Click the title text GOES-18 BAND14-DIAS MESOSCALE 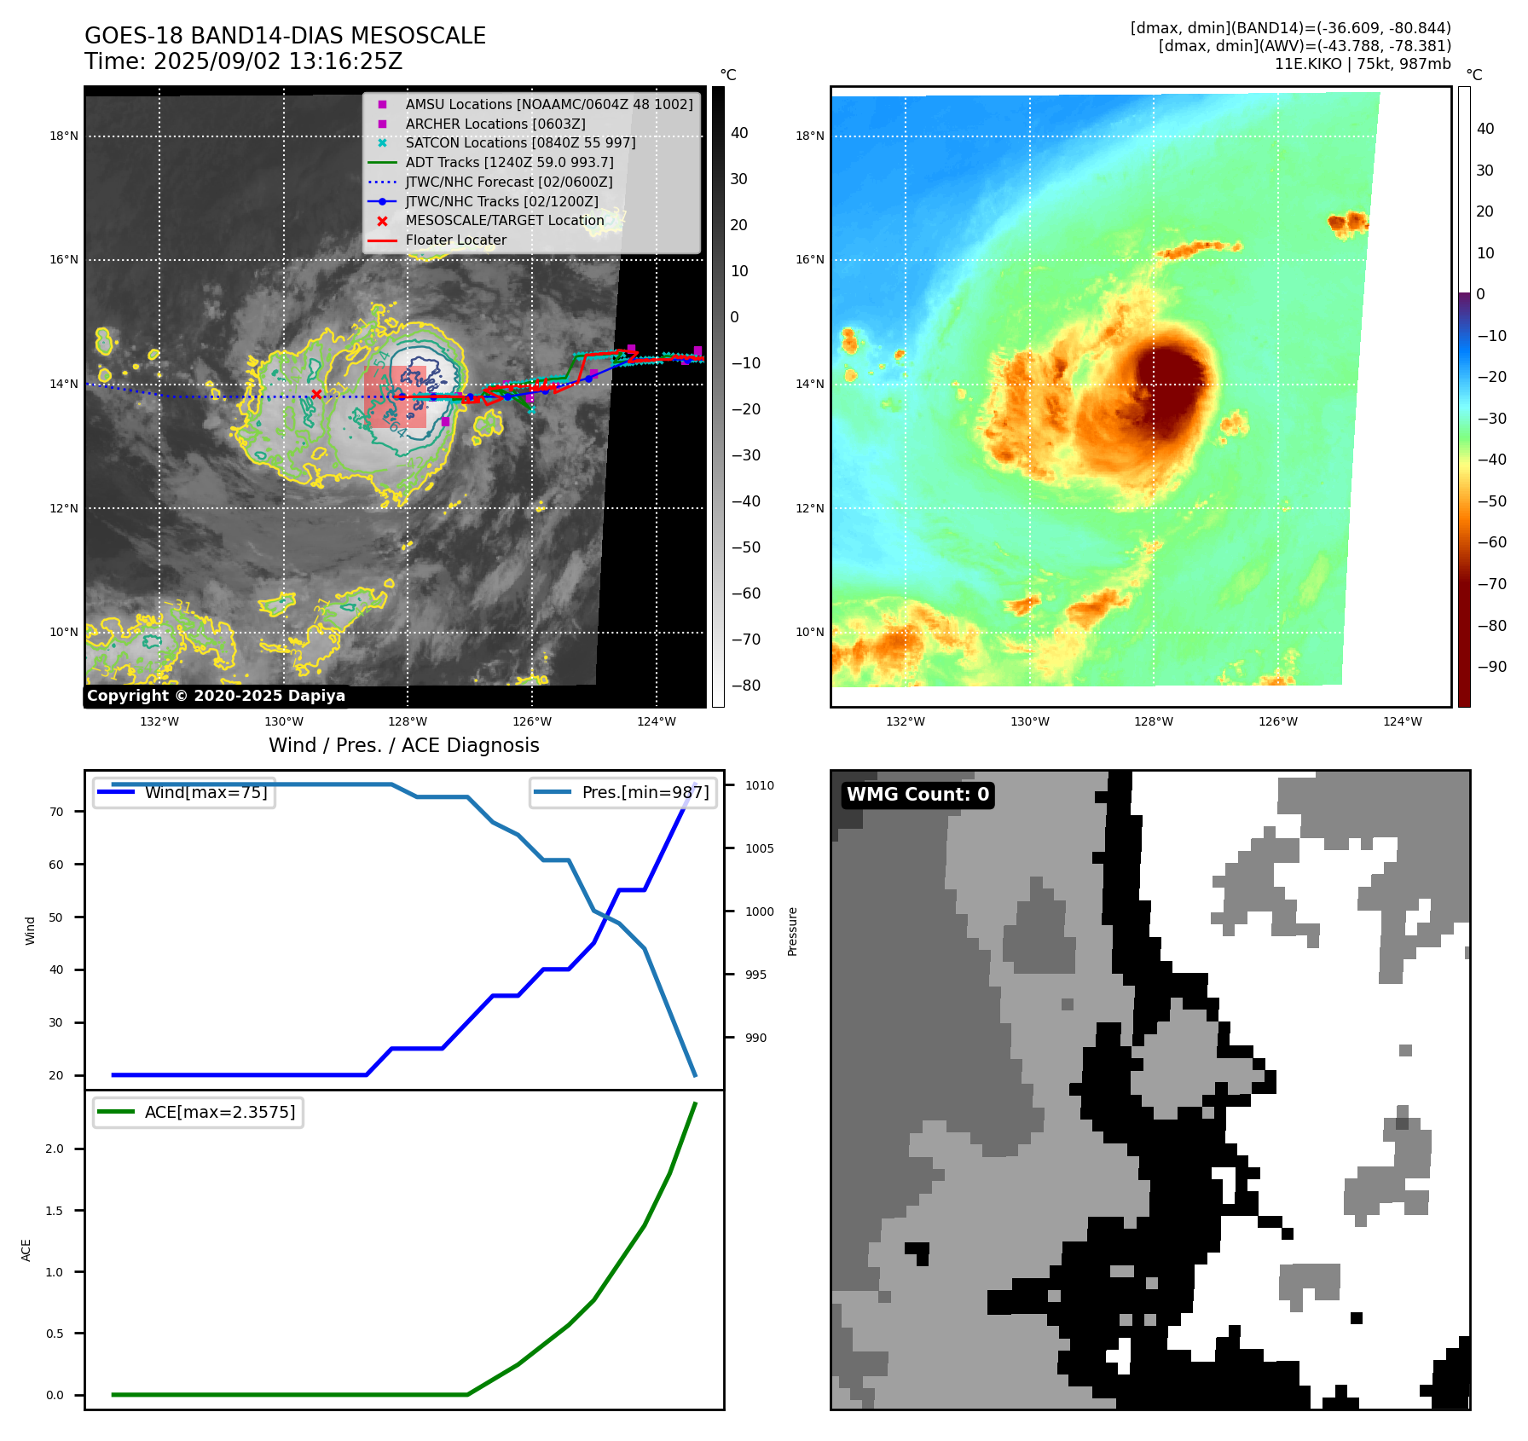point(285,36)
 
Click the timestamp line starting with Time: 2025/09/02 point(243,61)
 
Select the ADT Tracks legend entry point(509,162)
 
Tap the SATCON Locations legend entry point(520,142)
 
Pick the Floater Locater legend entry point(455,240)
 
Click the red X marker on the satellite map point(316,394)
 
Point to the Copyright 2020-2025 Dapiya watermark point(216,696)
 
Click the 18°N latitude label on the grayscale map point(64,136)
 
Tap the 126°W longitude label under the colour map point(1277,721)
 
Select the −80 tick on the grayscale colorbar point(745,686)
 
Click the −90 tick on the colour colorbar point(1491,667)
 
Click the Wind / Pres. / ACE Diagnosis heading point(403,745)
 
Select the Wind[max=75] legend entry point(205,792)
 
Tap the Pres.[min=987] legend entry point(645,792)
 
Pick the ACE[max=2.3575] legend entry point(219,1112)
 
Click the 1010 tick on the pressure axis point(759,785)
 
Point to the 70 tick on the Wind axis point(56,812)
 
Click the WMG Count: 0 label point(917,795)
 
